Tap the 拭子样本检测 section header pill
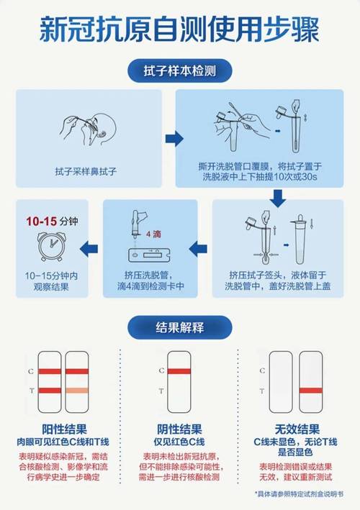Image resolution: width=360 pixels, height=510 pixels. pos(179,72)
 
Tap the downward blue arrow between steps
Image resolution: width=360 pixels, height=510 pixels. pos(278,195)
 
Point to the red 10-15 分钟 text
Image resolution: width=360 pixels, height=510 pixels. pos(42,219)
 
